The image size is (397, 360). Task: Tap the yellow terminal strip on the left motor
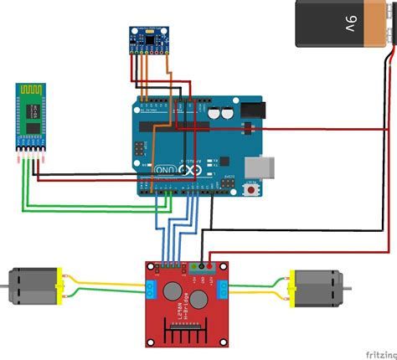[x=59, y=285]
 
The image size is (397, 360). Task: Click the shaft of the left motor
[x=4, y=287]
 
